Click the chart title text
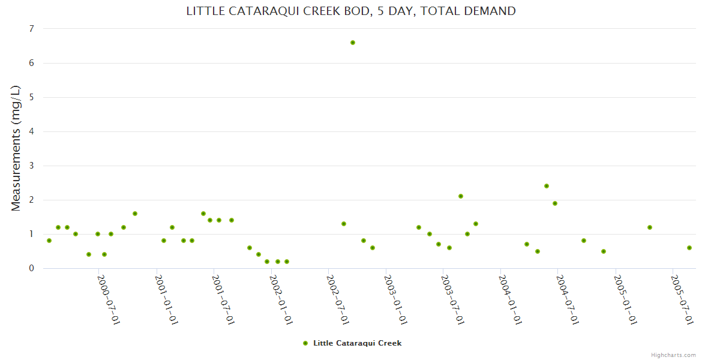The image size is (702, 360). [351, 11]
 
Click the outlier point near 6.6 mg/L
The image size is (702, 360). [353, 43]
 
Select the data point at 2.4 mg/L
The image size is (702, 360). [547, 186]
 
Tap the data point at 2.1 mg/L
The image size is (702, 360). [461, 196]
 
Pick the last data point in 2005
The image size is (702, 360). [689, 248]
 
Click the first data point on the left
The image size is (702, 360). [49, 241]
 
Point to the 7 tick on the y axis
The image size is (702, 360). [31, 29]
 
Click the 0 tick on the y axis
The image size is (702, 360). [31, 268]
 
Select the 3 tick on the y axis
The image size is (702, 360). [31, 166]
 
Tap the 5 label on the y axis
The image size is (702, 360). [31, 97]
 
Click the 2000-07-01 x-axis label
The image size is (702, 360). [109, 300]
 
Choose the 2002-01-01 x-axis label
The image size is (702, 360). [281, 300]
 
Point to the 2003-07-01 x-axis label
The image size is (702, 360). [453, 300]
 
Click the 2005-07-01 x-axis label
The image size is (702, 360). [683, 300]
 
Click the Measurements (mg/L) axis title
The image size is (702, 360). [16, 148]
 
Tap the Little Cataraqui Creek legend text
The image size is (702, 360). [357, 343]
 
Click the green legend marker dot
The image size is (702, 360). [305, 343]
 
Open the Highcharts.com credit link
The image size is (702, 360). [673, 355]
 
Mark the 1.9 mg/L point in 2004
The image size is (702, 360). [555, 203]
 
